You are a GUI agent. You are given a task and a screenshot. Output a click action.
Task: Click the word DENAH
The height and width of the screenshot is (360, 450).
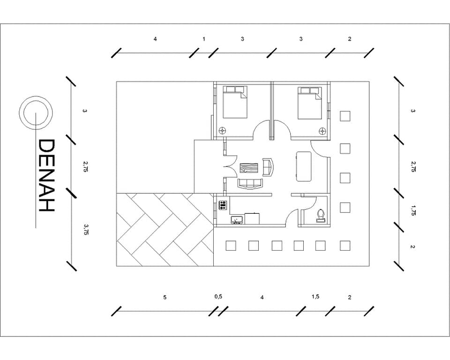[46, 176]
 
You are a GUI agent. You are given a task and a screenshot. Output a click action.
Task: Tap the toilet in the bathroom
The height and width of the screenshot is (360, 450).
[321, 216]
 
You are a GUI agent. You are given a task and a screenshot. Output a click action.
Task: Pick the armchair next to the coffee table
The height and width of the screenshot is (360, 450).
[268, 167]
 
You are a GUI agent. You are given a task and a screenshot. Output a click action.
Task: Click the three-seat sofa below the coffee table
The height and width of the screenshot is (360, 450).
[250, 184]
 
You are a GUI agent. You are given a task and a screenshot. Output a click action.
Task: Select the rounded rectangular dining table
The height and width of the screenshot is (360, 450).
[304, 166]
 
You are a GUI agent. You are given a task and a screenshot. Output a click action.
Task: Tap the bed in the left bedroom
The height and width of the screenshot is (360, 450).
[235, 102]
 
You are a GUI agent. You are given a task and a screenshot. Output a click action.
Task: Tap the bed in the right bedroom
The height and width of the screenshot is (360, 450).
[310, 103]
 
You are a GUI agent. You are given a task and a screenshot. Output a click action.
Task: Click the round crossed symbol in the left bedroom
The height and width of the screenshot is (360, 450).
[223, 131]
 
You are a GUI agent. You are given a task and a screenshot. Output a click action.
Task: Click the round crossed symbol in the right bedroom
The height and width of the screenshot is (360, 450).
[323, 131]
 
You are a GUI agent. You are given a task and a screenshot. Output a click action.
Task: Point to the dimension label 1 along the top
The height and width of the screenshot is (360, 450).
[204, 39]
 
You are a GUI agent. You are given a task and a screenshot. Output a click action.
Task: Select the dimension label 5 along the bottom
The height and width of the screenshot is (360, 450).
[165, 297]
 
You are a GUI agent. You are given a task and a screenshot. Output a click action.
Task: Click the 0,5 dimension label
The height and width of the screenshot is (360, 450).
[218, 297]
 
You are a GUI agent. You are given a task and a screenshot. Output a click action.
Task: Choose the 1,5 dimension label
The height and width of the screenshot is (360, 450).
[315, 297]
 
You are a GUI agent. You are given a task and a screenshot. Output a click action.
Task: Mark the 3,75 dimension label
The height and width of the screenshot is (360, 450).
[85, 229]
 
